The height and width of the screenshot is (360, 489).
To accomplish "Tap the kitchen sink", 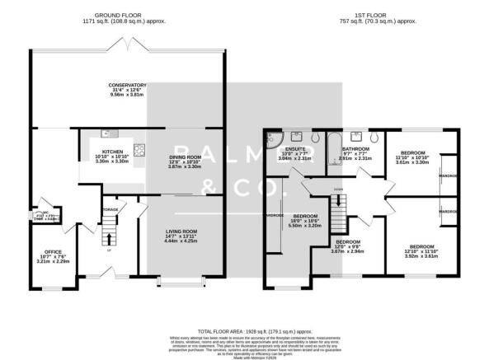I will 106,134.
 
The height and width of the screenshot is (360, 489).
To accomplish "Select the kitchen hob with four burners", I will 140,149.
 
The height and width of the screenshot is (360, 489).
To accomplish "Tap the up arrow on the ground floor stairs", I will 107,240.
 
